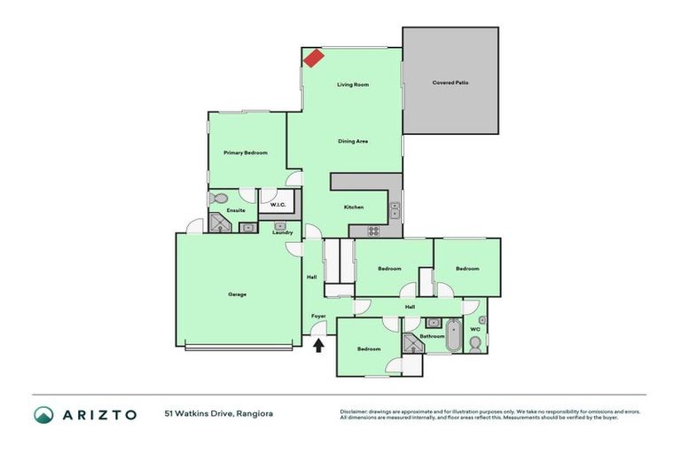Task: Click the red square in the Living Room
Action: [x=313, y=58]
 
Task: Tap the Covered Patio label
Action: [x=450, y=82]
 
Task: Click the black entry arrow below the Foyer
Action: [x=318, y=345]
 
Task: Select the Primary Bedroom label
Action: [x=246, y=153]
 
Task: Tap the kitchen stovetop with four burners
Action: [x=374, y=231]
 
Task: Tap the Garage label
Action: [x=237, y=294]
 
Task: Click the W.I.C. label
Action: [x=276, y=206]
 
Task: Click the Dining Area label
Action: [x=353, y=141]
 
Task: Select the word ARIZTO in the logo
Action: [x=98, y=414]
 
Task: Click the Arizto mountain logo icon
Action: [x=44, y=414]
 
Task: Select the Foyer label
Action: [x=318, y=317]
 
